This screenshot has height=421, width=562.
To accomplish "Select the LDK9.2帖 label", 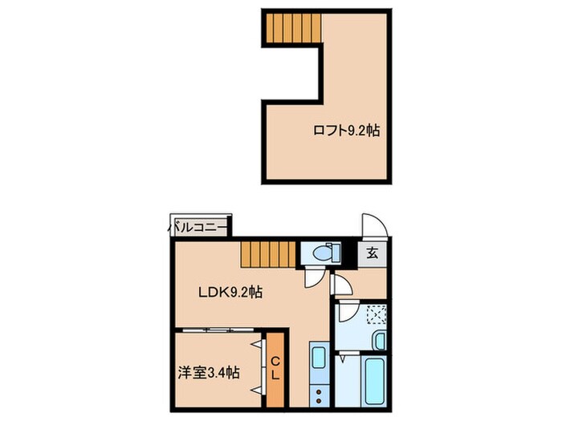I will click(230, 293).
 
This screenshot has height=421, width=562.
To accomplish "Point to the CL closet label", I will click(275, 368).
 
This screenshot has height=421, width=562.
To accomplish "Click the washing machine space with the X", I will click(375, 314).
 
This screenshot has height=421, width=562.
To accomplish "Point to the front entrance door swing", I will click(373, 225).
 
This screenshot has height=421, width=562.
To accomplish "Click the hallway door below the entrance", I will click(340, 285).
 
